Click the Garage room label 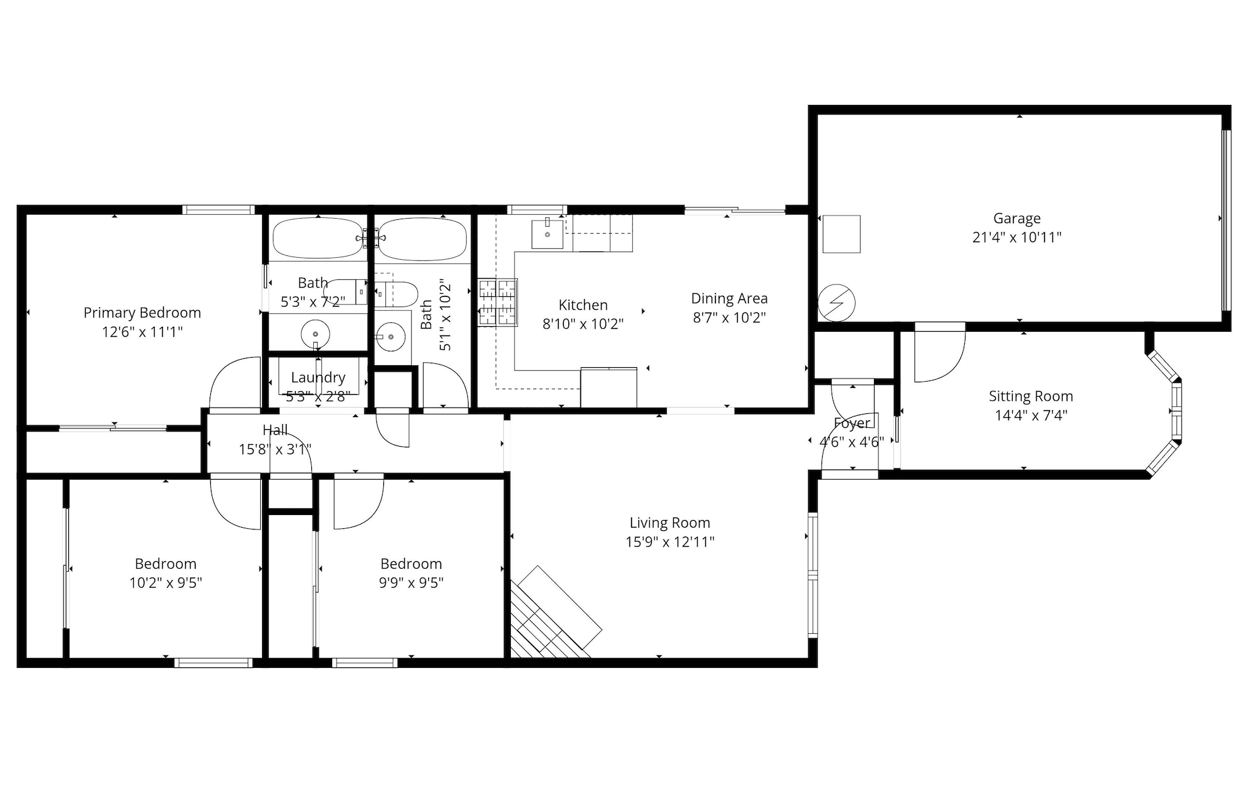point(1017,219)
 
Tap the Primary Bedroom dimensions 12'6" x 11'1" point(142,332)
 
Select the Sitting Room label point(1031,396)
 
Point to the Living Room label point(669,523)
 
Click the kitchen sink point(547,234)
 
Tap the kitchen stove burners point(498,303)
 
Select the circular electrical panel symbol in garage point(837,303)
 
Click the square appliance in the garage point(841,234)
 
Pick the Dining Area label point(729,298)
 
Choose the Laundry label point(318,378)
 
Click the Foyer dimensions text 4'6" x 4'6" point(851,442)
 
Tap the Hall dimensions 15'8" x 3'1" point(275,450)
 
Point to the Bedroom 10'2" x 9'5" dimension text point(165,583)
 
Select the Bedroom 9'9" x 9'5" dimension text point(411,583)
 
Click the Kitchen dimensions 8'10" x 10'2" point(583,324)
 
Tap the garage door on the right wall point(1226,221)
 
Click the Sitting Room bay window point(1169,411)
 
